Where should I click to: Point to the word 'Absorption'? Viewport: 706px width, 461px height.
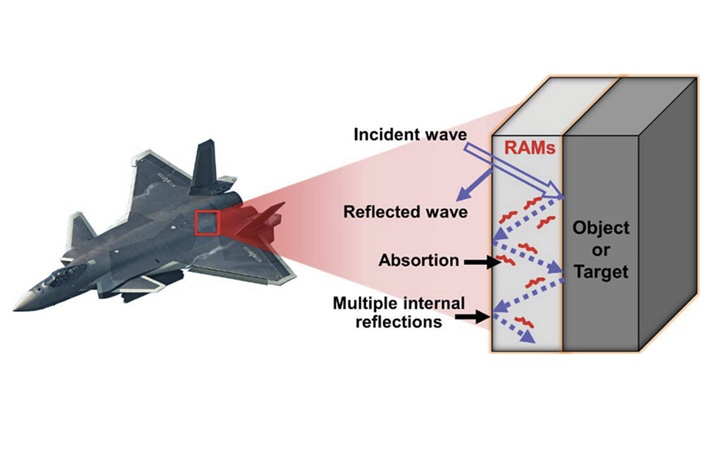pyautogui.click(x=418, y=260)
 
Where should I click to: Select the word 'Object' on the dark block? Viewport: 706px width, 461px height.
pyautogui.click(x=600, y=227)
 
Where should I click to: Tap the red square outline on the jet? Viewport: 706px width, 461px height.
pyautogui.click(x=207, y=223)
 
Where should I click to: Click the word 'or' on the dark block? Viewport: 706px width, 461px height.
pyautogui.click(x=600, y=250)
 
